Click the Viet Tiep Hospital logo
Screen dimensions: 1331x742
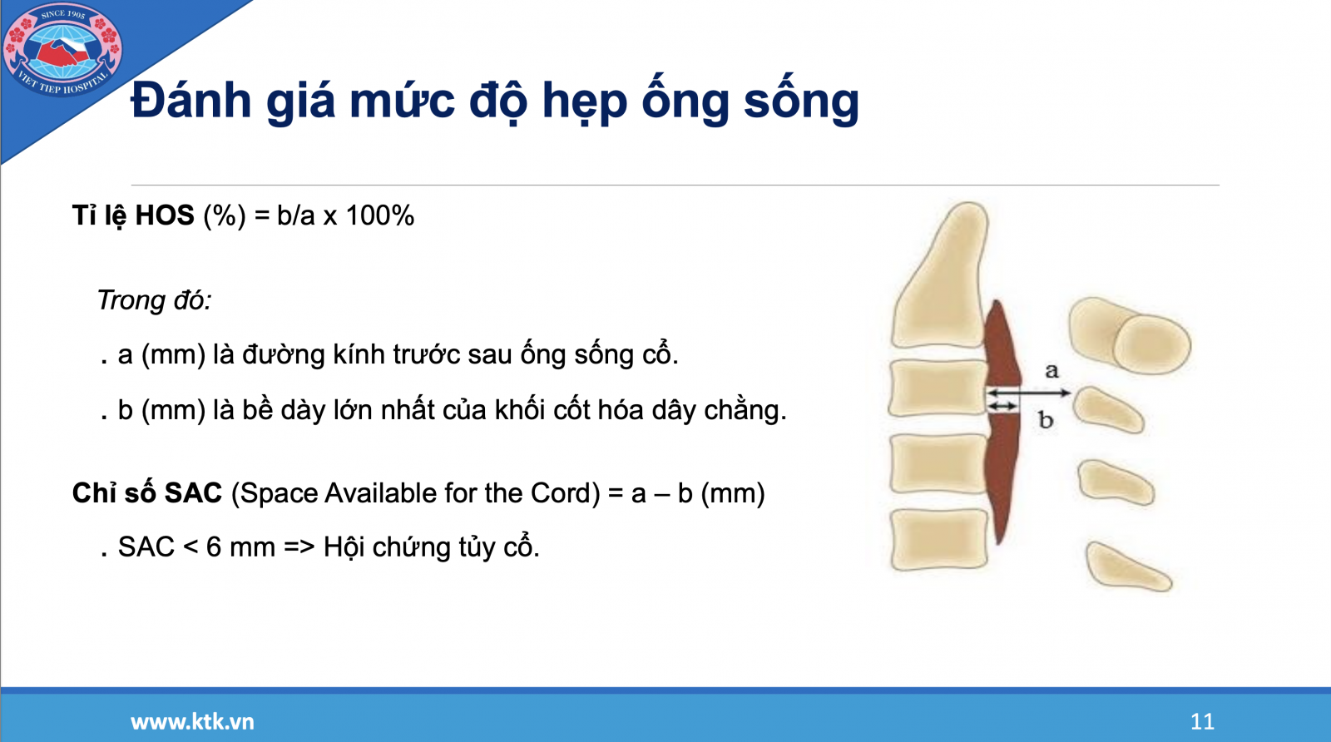pyautogui.click(x=62, y=49)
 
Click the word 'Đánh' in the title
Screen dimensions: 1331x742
pyautogui.click(x=190, y=100)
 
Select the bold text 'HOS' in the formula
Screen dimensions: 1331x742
pyautogui.click(x=165, y=215)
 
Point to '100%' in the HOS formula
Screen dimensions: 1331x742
pyautogui.click(x=379, y=215)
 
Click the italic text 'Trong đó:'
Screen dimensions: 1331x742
pyautogui.click(x=154, y=300)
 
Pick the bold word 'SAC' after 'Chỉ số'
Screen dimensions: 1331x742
pyautogui.click(x=193, y=493)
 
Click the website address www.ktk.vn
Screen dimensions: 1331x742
pyautogui.click(x=192, y=721)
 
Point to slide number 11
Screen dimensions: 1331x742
pyautogui.click(x=1202, y=721)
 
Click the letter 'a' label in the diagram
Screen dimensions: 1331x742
pyautogui.click(x=1051, y=371)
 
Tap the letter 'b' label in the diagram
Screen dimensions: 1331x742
pyautogui.click(x=1046, y=419)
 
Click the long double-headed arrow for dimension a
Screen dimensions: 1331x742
pyautogui.click(x=1028, y=393)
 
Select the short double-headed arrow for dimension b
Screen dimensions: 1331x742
pyautogui.click(x=1002, y=406)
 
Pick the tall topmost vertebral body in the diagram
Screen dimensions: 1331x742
pyautogui.click(x=939, y=275)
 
